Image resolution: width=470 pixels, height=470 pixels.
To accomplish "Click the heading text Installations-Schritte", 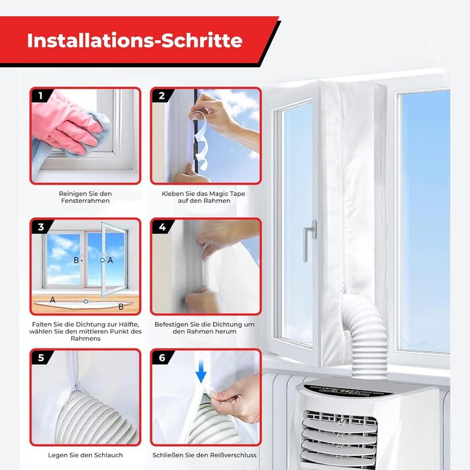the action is coord(134,40).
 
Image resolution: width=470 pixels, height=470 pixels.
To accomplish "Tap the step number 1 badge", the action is coord(41,96).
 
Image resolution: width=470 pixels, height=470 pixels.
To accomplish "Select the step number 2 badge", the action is coord(162,96).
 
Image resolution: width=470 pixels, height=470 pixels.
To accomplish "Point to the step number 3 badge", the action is coord(41,227).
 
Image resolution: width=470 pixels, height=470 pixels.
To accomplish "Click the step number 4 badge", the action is coord(162,227).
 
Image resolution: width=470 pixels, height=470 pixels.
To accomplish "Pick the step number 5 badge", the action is coord(41,358).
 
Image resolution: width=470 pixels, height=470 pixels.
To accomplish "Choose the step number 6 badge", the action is coord(162,358).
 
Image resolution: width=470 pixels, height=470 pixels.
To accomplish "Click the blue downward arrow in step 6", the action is coord(201,372).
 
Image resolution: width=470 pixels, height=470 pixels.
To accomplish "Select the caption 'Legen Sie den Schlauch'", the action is coord(85,455).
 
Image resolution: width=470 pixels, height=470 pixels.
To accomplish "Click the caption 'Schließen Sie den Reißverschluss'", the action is coord(204,455).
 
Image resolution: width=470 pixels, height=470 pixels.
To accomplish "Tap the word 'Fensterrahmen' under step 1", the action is coord(85,201).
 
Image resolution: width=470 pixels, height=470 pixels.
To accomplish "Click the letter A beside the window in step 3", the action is coord(110,261).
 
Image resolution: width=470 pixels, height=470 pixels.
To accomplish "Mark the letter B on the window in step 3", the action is coord(76,261).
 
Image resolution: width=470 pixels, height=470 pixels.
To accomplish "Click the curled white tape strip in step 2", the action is coord(200,138).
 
